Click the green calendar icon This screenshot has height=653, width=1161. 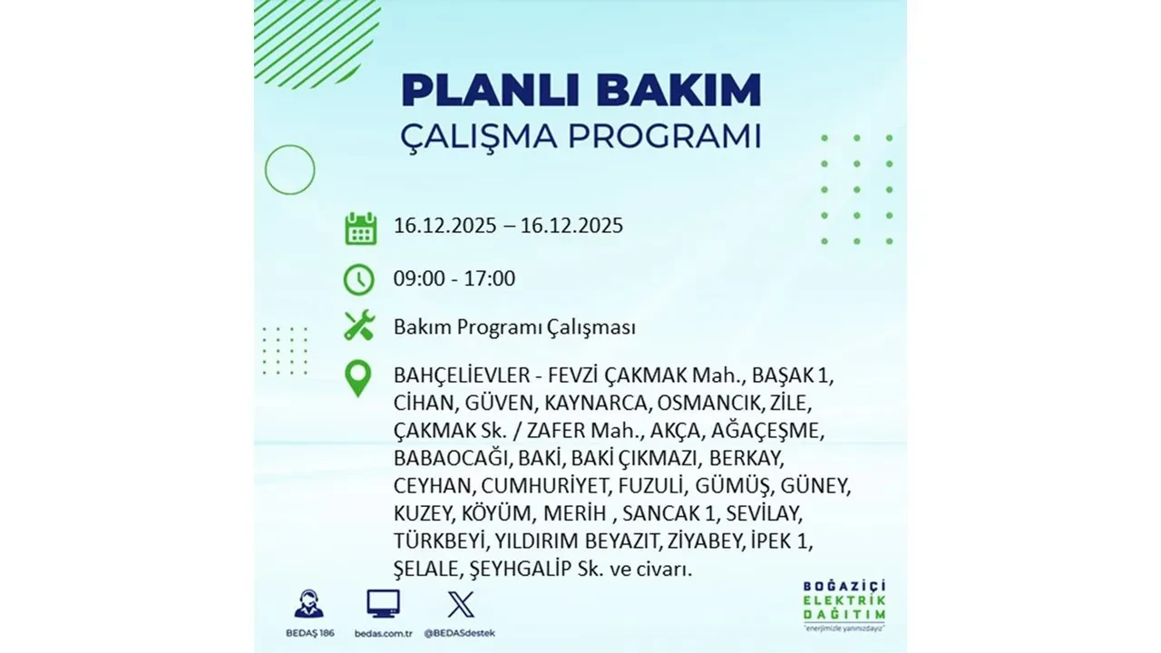[360, 228]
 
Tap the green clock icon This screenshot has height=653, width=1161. [359, 279]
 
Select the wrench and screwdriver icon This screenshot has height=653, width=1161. [359, 326]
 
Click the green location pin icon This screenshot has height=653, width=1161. [359, 379]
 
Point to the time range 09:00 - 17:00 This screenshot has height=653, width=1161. [454, 278]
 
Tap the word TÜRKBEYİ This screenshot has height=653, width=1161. [442, 541]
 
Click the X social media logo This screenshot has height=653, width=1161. [461, 604]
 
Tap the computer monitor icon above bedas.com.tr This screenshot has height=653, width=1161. [383, 604]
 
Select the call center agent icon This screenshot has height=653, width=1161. [308, 604]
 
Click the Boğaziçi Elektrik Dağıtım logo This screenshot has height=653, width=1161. [844, 603]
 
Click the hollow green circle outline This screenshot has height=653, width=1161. [289, 170]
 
